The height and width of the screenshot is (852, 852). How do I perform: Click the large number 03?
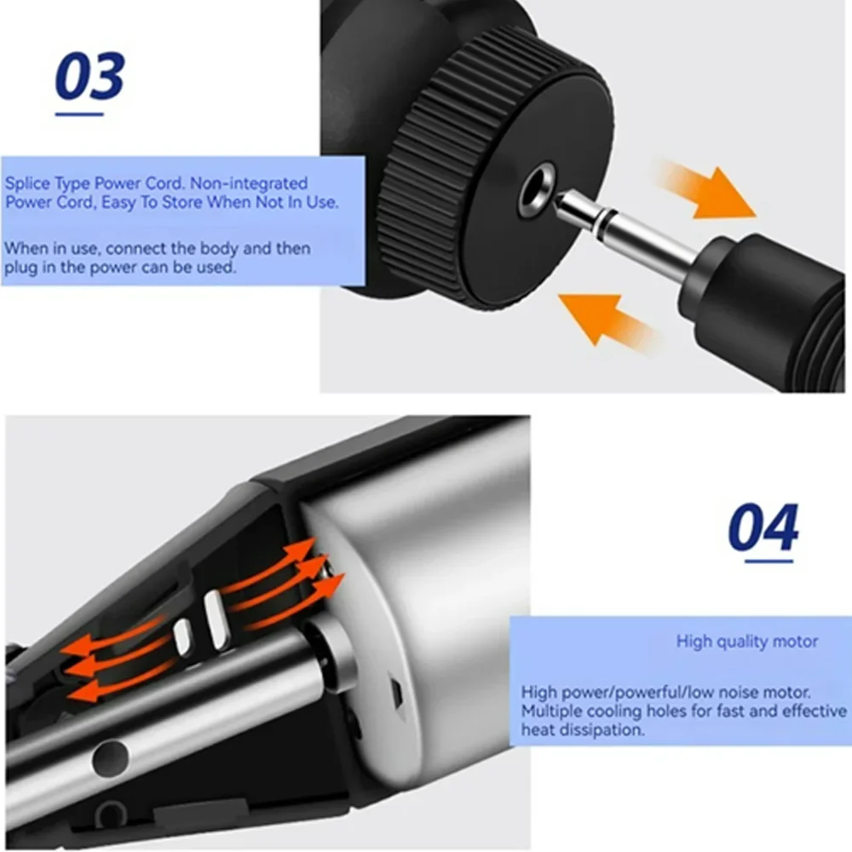[x=89, y=77]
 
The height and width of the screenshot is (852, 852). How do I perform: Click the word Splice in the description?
[x=27, y=183]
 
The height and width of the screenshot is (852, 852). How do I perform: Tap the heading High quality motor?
[x=746, y=641]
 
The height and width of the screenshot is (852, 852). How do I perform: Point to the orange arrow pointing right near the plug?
[x=707, y=191]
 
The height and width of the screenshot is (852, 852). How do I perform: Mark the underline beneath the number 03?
[x=79, y=112]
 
